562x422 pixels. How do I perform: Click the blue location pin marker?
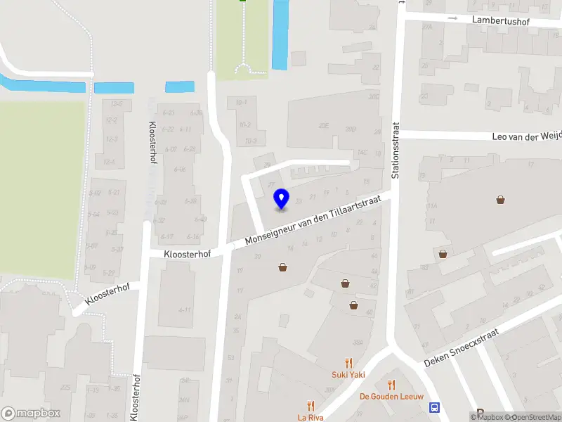tap(281, 199)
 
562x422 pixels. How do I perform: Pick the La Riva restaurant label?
tap(310, 417)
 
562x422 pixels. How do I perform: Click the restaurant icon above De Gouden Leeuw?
tap(391, 385)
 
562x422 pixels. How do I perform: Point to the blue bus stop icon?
tap(436, 407)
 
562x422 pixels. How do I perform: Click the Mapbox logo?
tap(31, 414)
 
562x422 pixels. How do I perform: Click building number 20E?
tap(323, 126)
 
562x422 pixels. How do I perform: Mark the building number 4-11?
tap(185, 309)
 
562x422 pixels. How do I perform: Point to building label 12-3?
tap(110, 139)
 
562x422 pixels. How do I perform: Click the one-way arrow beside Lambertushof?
tap(453, 18)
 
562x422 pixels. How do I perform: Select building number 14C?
tap(362, 152)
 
